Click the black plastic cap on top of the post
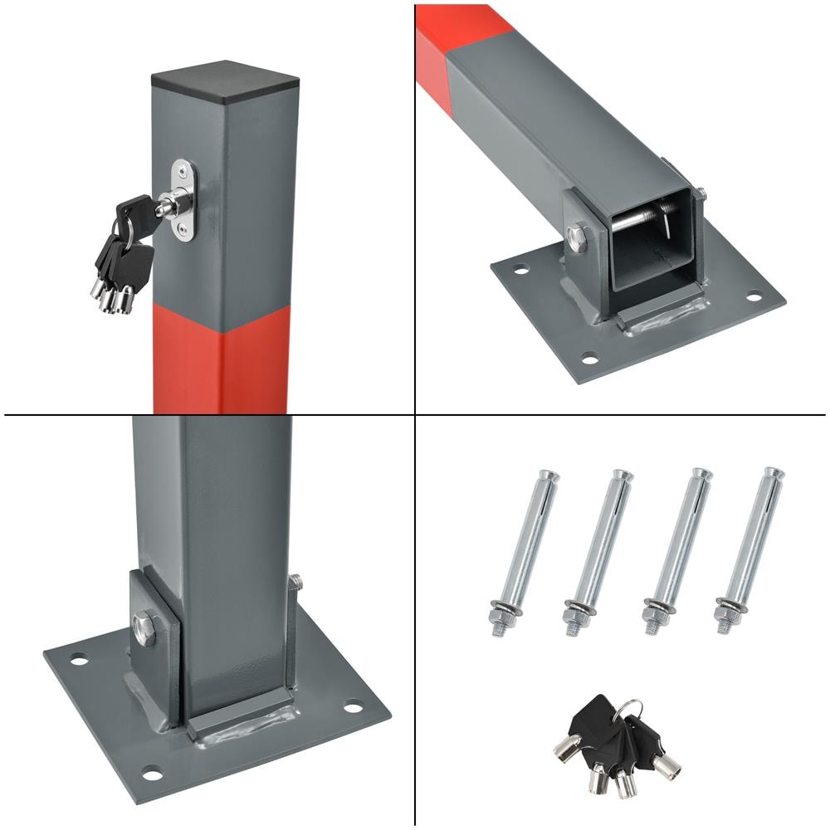[225, 80]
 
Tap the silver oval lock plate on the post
[184, 202]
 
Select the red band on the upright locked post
[222, 357]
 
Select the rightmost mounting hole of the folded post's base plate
[753, 295]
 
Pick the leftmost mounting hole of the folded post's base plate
[520, 270]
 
